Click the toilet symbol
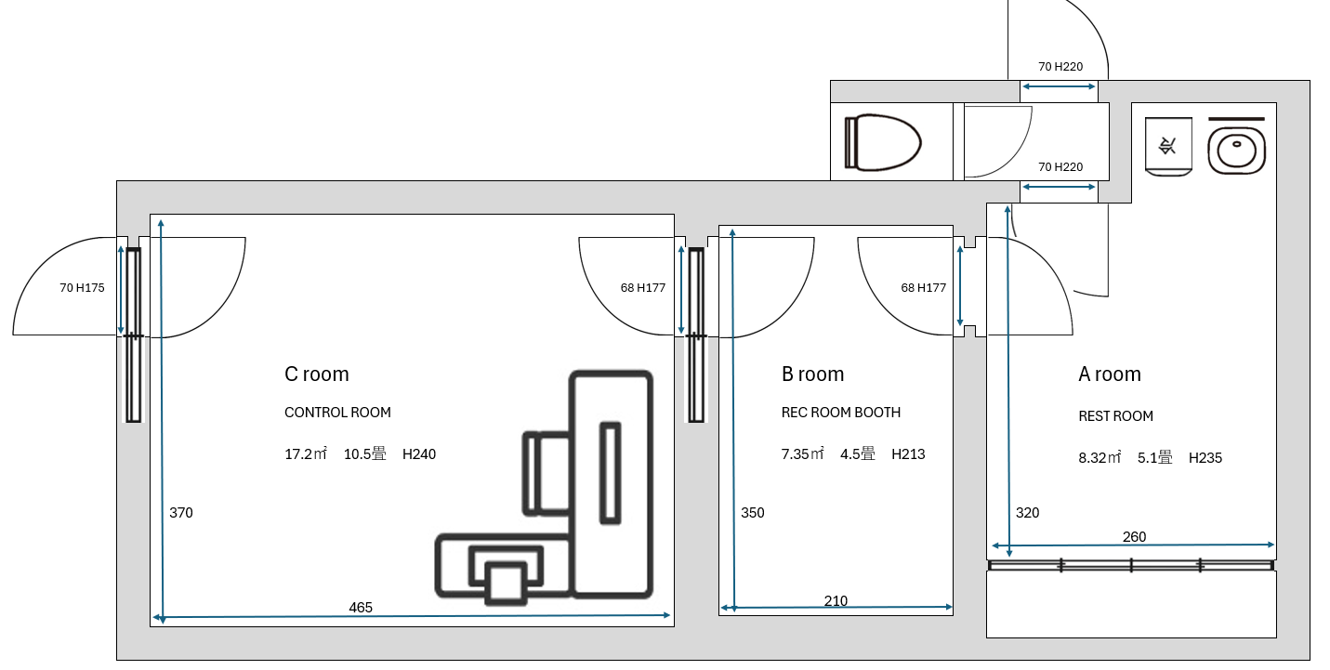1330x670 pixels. [882, 143]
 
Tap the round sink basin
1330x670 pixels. [1236, 150]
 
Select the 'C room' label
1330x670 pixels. [317, 374]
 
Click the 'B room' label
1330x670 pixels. [812, 374]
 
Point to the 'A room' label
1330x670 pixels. [1109, 374]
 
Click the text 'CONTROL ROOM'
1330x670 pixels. [337, 413]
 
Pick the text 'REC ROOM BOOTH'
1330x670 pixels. [841, 413]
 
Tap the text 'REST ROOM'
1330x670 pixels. [1115, 416]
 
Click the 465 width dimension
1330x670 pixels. [361, 608]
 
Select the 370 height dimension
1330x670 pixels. [181, 513]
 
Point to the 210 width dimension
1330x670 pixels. [836, 601]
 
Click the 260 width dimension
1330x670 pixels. [1134, 537]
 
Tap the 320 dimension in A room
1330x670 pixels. [1027, 513]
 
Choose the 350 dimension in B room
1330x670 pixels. [752, 513]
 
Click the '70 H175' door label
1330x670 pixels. [82, 288]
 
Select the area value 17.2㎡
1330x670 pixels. [305, 454]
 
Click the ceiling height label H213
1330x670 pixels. [908, 454]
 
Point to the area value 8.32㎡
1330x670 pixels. [1100, 457]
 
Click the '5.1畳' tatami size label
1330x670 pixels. [1155, 457]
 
